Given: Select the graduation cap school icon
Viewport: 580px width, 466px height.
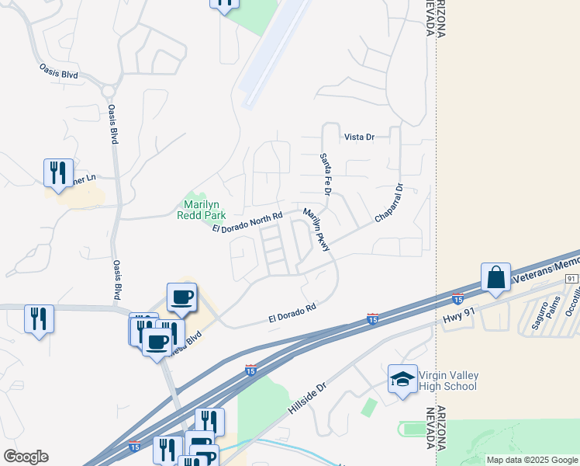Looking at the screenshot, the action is [402, 379].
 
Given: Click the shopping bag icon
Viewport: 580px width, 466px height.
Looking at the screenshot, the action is [495, 277].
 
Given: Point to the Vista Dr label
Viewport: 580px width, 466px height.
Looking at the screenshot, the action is [359, 137].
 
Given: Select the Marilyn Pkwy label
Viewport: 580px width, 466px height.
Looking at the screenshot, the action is [316, 230].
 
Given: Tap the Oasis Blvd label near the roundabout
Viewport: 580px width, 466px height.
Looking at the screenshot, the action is [60, 70].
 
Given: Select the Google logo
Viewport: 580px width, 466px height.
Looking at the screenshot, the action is [26, 456].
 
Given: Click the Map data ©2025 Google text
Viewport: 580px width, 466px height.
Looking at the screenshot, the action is [532, 460].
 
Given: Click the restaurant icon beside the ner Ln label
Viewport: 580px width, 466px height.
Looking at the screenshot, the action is [57, 172].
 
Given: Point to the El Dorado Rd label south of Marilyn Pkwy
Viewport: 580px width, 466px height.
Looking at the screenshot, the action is [293, 313].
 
